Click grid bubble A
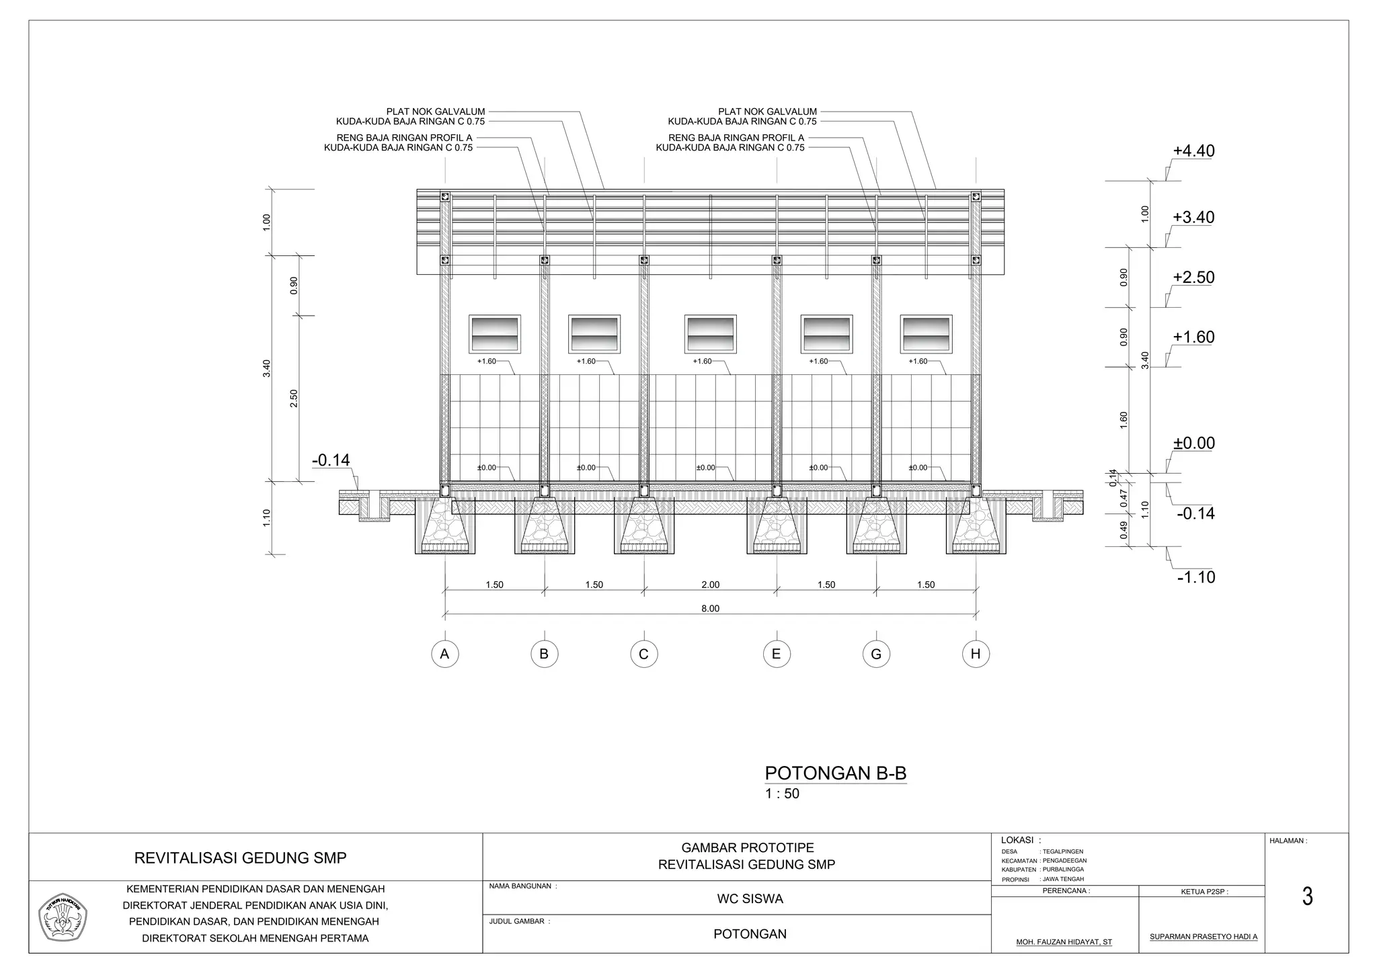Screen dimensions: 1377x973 [x=444, y=654]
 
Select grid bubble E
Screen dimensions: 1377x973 [x=777, y=654]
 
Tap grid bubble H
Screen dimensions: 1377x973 [x=976, y=654]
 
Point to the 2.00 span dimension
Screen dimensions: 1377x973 [x=710, y=585]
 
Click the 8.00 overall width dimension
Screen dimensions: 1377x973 [x=710, y=609]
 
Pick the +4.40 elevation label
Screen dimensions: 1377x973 [x=1193, y=151]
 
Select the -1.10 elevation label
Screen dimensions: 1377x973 [x=1196, y=577]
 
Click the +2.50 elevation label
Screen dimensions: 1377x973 [x=1193, y=278]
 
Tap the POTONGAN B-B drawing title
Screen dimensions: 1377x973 [x=836, y=773]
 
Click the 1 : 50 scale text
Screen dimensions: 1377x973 [x=782, y=794]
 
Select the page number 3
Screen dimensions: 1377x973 [x=1307, y=897]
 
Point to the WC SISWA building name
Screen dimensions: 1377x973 [x=750, y=899]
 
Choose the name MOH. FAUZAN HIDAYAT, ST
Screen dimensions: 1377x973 [x=1064, y=942]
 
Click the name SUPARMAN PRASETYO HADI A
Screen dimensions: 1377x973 [x=1203, y=936]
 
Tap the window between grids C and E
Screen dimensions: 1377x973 [x=711, y=334]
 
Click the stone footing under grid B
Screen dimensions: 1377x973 [x=545, y=527]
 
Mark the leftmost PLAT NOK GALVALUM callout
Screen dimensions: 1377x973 [x=436, y=112]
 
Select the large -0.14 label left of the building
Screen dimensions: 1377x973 [x=331, y=460]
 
